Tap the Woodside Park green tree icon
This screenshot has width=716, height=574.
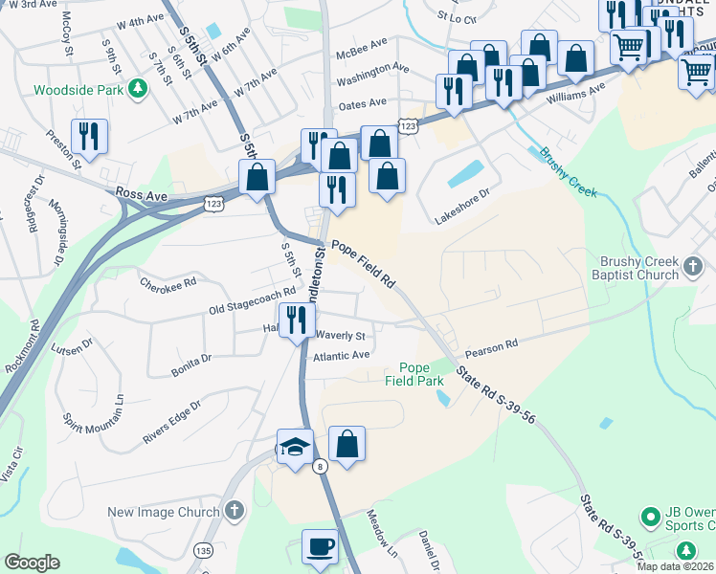pyautogui.click(x=139, y=89)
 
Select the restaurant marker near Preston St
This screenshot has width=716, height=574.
pyautogui.click(x=89, y=136)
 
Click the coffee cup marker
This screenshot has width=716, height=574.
pyautogui.click(x=321, y=547)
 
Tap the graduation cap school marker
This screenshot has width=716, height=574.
pyautogui.click(x=296, y=446)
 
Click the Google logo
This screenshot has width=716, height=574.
pyautogui.click(x=32, y=563)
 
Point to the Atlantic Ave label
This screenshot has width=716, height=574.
pyautogui.click(x=342, y=355)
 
